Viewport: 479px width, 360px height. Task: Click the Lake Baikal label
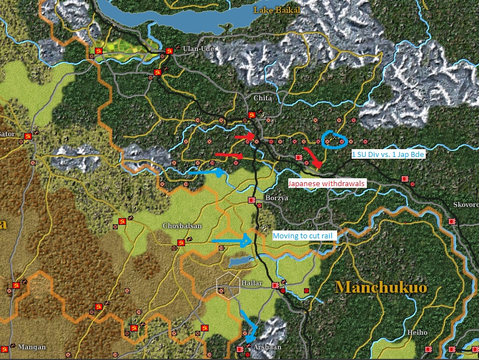pos(277,10)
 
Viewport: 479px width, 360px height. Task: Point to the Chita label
pos(262,98)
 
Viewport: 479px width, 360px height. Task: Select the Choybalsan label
pos(182,226)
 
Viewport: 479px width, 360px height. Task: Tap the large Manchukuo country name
pos(381,288)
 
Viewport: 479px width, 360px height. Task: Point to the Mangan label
pos(31,347)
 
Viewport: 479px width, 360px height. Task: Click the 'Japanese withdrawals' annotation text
pos(326,183)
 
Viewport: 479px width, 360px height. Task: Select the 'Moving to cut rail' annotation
pos(304,236)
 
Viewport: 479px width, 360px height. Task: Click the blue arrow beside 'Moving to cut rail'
pos(232,241)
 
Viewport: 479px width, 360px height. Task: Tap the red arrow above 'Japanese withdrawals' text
pos(314,159)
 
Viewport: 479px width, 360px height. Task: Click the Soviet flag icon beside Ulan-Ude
pos(169,51)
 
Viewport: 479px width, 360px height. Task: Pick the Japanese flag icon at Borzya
pos(252,200)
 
